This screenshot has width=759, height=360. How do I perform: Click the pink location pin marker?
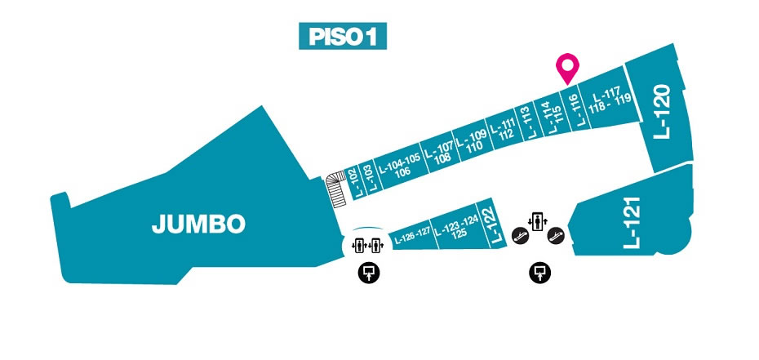pyautogui.click(x=567, y=68)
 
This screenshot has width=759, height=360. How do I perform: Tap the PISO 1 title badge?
pyautogui.click(x=343, y=36)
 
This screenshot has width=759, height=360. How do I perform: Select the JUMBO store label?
pyautogui.click(x=198, y=224)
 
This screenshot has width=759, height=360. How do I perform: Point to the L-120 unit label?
pyautogui.click(x=662, y=112)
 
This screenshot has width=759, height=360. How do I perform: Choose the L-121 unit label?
pyautogui.click(x=632, y=223)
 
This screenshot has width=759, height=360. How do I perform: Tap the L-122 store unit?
pyautogui.click(x=490, y=224)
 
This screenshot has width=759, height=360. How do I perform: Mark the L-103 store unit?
pyautogui.click(x=366, y=179)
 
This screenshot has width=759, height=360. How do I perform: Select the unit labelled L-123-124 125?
pyautogui.click(x=457, y=227)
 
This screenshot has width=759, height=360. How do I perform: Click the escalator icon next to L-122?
pyautogui.click(x=520, y=236)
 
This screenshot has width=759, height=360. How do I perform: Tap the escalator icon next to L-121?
pyautogui.click(x=556, y=236)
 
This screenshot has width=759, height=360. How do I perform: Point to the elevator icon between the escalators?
pyautogui.click(x=537, y=221)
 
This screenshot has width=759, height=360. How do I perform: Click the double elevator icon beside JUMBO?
pyautogui.click(x=367, y=246)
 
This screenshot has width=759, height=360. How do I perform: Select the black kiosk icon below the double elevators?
pyautogui.click(x=369, y=273)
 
